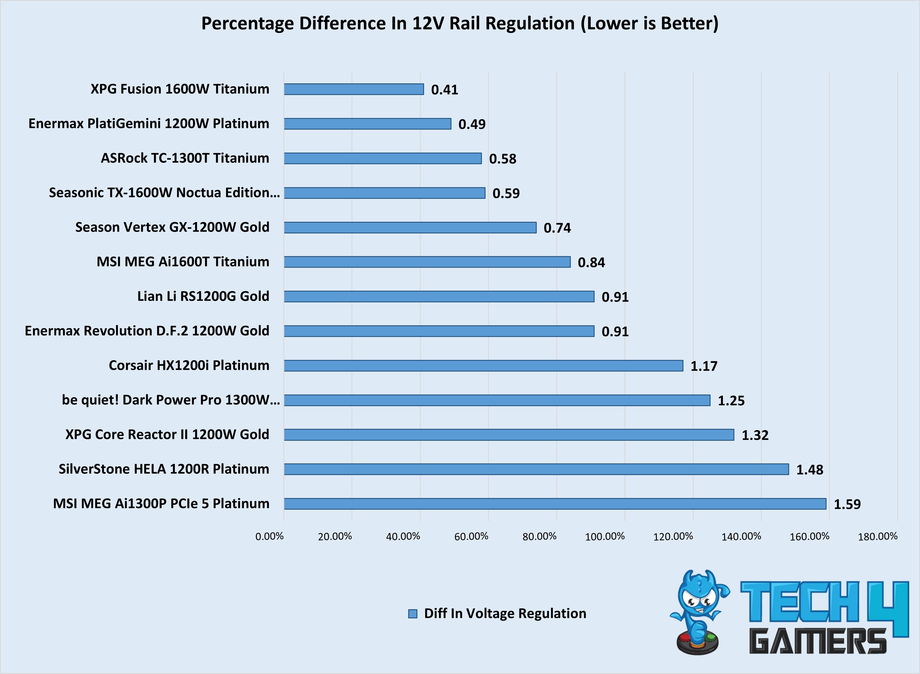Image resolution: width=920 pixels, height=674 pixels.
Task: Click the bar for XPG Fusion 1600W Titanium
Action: pyautogui.click(x=354, y=89)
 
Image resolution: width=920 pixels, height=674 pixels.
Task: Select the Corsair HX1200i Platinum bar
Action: pyautogui.click(x=484, y=366)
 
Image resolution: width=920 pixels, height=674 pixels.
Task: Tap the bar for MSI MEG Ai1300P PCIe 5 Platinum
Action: pyautogui.click(x=555, y=504)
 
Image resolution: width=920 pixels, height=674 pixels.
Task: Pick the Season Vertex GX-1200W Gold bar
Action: pyautogui.click(x=410, y=227)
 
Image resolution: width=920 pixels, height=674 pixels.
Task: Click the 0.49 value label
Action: pyautogui.click(x=472, y=124)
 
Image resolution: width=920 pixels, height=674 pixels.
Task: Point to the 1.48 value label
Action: pyautogui.click(x=810, y=470)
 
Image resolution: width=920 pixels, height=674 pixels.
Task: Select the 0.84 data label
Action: pyautogui.click(x=591, y=262)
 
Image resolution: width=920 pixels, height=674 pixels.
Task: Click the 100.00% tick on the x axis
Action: pyautogui.click(x=605, y=536)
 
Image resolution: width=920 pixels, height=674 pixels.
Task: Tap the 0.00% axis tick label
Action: pyautogui.click(x=269, y=536)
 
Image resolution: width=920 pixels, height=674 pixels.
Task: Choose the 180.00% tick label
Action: pyautogui.click(x=878, y=536)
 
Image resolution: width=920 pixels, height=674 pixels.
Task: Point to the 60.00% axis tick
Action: pyautogui.click(x=471, y=536)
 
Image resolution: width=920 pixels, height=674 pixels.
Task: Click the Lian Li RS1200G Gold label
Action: pyautogui.click(x=203, y=296)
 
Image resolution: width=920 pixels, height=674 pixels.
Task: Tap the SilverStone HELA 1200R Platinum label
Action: pyautogui.click(x=164, y=469)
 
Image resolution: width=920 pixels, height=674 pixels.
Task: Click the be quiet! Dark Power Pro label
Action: pyautogui.click(x=170, y=400)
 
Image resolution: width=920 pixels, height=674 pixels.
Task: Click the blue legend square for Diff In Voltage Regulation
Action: pyautogui.click(x=412, y=614)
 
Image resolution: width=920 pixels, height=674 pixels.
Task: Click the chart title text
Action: pyautogui.click(x=460, y=23)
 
